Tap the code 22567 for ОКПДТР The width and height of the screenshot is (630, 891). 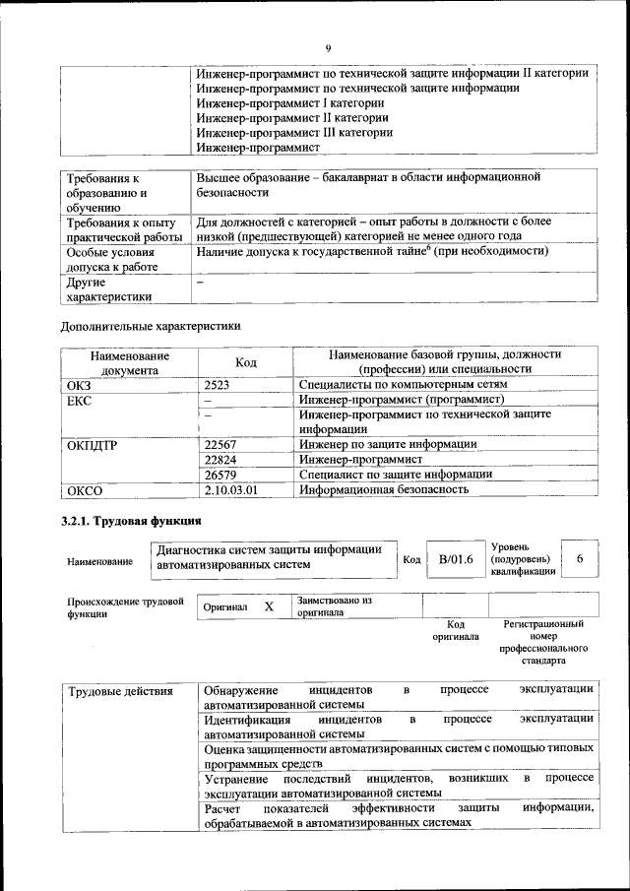pyautogui.click(x=220, y=444)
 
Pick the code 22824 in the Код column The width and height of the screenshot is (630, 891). pyautogui.click(x=220, y=459)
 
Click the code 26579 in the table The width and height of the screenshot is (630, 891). pyautogui.click(x=220, y=474)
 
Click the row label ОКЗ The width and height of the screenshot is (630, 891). pyautogui.click(x=78, y=385)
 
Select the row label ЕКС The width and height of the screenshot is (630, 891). pyautogui.click(x=78, y=401)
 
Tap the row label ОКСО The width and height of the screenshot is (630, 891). pyautogui.click(x=84, y=489)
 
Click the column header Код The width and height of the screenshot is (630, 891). pyautogui.click(x=246, y=362)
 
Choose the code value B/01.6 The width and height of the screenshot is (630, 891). pyautogui.click(x=456, y=558)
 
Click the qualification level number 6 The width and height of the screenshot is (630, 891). pyautogui.click(x=580, y=558)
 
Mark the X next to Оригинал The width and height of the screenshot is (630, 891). pyautogui.click(x=269, y=607)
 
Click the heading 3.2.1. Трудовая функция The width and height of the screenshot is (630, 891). pyautogui.click(x=130, y=520)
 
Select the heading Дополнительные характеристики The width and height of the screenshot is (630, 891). pyautogui.click(x=150, y=325)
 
